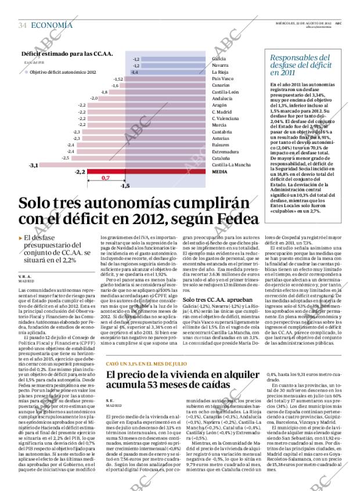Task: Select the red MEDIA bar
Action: coord(110,172)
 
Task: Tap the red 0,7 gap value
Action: coord(105,178)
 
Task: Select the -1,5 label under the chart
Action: coord(124,186)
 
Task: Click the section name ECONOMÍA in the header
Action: coord(52,25)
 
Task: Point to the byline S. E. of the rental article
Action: coord(110,401)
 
